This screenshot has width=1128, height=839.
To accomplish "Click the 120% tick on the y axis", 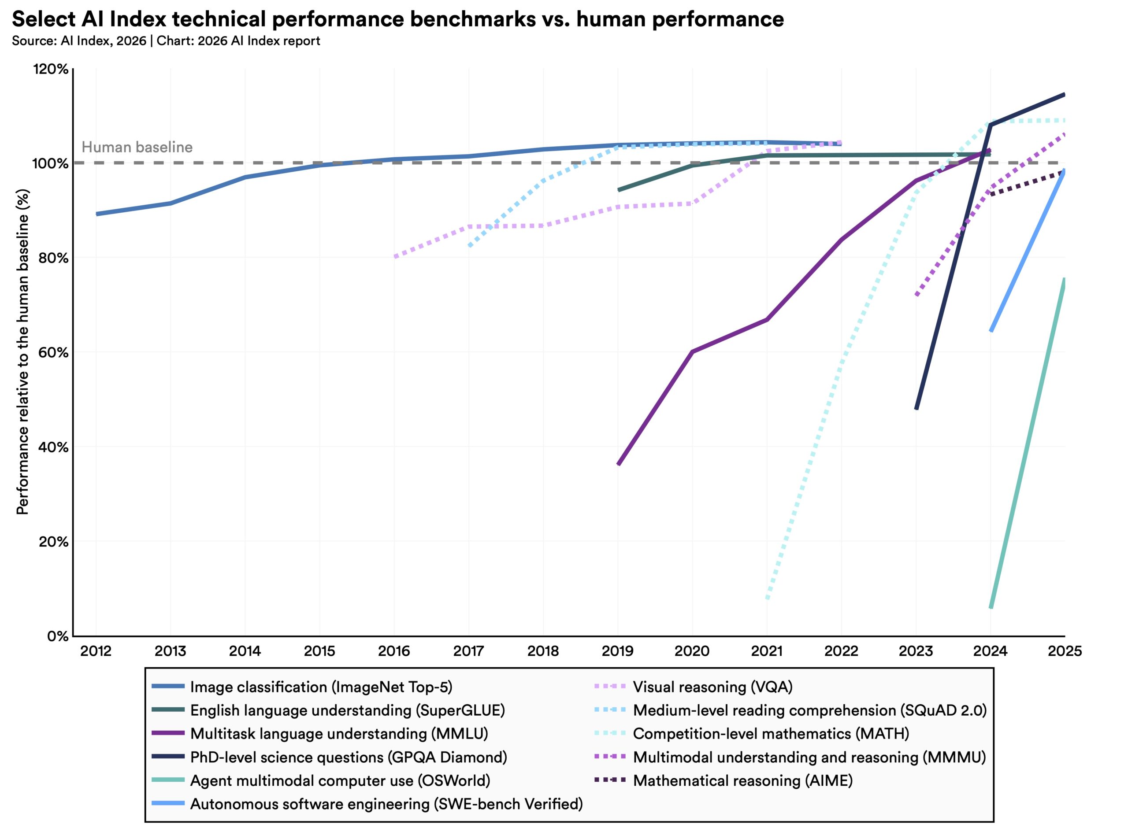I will pyautogui.click(x=50, y=69).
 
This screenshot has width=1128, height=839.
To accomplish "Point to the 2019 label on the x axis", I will pyautogui.click(x=617, y=651).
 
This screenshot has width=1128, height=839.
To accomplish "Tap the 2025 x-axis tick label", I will pyautogui.click(x=1064, y=651).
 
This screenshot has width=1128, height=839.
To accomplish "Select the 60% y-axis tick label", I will pyautogui.click(x=53, y=352).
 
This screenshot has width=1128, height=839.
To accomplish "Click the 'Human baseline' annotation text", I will pyautogui.click(x=137, y=147).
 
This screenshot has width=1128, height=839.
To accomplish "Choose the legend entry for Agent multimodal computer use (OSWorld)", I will pyautogui.click(x=339, y=780).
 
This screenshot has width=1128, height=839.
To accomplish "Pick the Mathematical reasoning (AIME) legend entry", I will pyautogui.click(x=742, y=780).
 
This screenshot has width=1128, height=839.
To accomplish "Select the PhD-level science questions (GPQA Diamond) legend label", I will pyautogui.click(x=348, y=757).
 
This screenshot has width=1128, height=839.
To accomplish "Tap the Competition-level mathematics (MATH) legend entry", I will pyautogui.click(x=770, y=734).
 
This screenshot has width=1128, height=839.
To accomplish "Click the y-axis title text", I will pyautogui.click(x=23, y=351).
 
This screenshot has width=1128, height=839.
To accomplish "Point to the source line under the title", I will pyautogui.click(x=166, y=41).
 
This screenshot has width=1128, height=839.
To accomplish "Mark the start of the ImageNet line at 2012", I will pyautogui.click(x=96, y=214).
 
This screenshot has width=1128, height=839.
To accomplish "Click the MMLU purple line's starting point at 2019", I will pyautogui.click(x=618, y=464).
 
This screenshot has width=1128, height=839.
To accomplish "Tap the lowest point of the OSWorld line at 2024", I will pyautogui.click(x=991, y=607).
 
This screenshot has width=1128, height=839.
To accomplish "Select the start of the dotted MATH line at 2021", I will pyautogui.click(x=767, y=598).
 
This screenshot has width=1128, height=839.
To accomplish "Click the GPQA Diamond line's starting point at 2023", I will pyautogui.click(x=916, y=408).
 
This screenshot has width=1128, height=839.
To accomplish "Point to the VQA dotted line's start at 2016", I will pyautogui.click(x=395, y=256).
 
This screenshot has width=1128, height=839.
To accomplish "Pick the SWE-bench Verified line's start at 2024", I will pyautogui.click(x=991, y=331).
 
